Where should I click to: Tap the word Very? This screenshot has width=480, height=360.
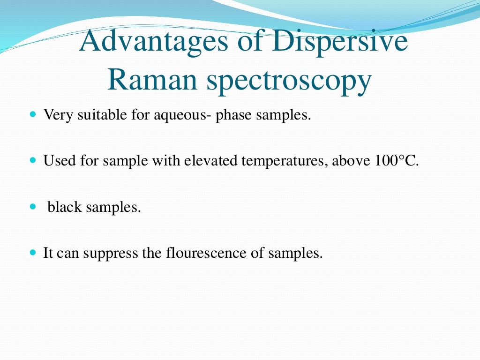[55, 115]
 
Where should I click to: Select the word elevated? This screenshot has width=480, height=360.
[211, 161]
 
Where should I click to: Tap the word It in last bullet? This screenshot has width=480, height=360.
[48, 254]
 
